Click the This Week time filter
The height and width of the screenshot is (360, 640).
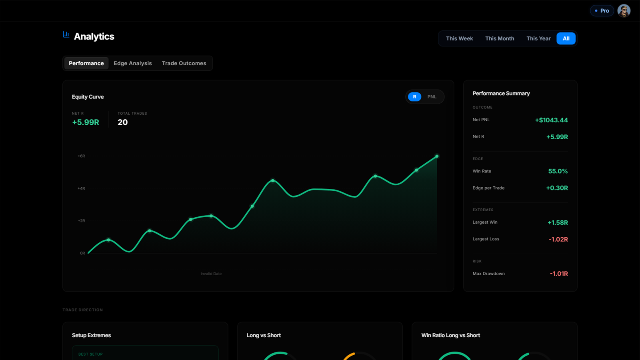[459, 38]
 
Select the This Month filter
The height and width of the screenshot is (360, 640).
[500, 38]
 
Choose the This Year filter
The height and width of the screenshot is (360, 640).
[538, 38]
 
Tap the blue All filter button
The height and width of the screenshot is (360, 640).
[566, 38]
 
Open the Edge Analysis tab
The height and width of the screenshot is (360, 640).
[132, 63]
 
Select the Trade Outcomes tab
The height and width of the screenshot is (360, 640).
[184, 63]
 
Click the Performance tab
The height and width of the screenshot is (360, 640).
[86, 63]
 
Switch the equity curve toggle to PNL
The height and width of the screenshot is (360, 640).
[432, 96]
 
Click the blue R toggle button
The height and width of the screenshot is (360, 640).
[414, 96]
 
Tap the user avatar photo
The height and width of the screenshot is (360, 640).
[624, 11]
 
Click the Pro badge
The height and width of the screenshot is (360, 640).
[602, 11]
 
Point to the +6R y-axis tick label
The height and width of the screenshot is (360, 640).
[82, 156]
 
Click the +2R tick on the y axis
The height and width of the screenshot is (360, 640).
[82, 221]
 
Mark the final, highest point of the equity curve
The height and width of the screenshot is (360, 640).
[437, 156]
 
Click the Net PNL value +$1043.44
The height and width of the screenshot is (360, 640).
[552, 120]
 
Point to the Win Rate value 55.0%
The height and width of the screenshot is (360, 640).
[558, 171]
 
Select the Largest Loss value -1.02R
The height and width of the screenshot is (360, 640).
[558, 240]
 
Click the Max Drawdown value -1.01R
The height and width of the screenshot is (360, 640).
[559, 274]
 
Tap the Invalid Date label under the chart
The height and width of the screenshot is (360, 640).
[211, 274]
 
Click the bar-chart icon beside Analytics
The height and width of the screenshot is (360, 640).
[66, 34]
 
